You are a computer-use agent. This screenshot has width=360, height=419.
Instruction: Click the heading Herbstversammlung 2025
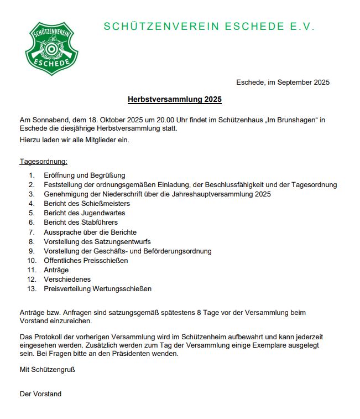point(174,100)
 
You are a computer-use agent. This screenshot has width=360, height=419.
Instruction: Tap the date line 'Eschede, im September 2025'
point(283,82)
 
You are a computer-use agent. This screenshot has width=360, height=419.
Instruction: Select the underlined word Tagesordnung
point(44,162)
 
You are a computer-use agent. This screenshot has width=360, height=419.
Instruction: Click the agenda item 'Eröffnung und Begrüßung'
point(85,175)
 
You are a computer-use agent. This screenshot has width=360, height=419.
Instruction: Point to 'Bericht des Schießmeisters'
point(87,204)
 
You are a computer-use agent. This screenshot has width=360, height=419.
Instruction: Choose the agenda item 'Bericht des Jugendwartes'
point(84,213)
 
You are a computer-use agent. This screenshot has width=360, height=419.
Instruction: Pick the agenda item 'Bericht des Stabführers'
point(81,223)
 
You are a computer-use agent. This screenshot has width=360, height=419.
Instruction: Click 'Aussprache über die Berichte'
point(90,232)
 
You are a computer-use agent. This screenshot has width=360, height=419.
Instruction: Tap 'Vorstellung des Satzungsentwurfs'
point(97,241)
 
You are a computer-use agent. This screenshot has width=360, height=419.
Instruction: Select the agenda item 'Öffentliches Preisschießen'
point(86,260)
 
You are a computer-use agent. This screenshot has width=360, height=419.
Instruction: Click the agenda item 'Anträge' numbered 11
point(56,270)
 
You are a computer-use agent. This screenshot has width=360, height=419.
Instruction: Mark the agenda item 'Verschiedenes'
point(67,279)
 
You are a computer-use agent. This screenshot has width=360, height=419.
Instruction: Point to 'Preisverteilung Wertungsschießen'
point(97,288)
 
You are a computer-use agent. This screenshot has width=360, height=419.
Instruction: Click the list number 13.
point(31,288)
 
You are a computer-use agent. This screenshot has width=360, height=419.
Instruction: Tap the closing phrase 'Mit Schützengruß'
point(47,369)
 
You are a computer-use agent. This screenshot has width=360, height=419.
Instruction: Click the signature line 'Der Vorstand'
point(40,394)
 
